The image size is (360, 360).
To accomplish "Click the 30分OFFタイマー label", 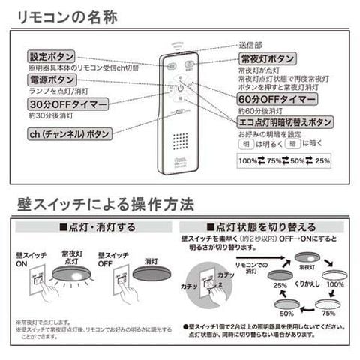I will tap(68, 103).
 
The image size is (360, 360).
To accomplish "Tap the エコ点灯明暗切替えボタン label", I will tap(284, 121).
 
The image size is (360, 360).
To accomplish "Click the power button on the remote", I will tap(180, 88).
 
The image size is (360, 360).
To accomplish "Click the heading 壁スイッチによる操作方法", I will tap(105, 204).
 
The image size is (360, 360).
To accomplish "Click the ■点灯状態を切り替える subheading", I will tap(262, 226).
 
